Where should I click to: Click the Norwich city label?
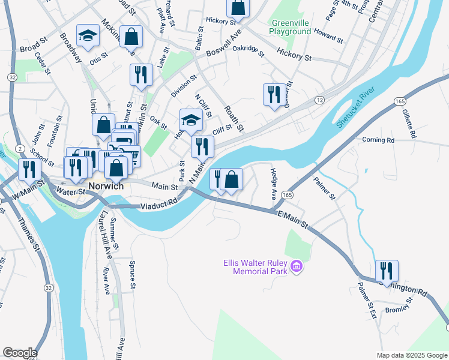[x=106, y=186]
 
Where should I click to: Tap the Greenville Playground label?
[x=290, y=26]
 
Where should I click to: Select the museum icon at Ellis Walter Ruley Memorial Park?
[x=295, y=266]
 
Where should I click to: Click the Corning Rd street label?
[x=378, y=140]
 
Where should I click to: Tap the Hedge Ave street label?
[x=274, y=184]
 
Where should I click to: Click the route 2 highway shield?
[x=20, y=148]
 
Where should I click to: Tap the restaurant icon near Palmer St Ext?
[x=387, y=271]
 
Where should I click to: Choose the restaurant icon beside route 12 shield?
[x=274, y=94]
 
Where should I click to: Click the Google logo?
[x=19, y=353]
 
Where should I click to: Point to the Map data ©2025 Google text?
[x=411, y=355]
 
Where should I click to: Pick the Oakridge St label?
[x=249, y=50]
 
